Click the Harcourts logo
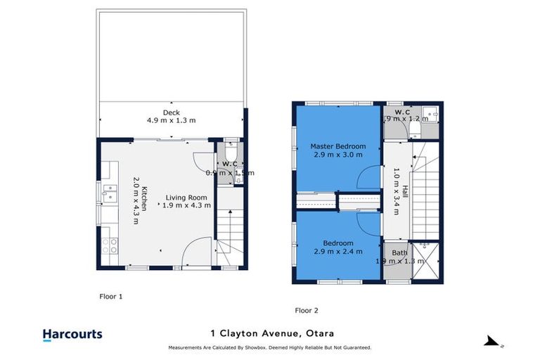[x=72, y=335]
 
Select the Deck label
[x=171, y=112]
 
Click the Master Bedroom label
[x=338, y=146]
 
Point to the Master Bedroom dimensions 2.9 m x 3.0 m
[x=338, y=155]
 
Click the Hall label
[x=405, y=191]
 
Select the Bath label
[x=399, y=252]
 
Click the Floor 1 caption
[x=110, y=297]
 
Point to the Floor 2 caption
[x=307, y=310]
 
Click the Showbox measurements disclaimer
[x=269, y=347]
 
